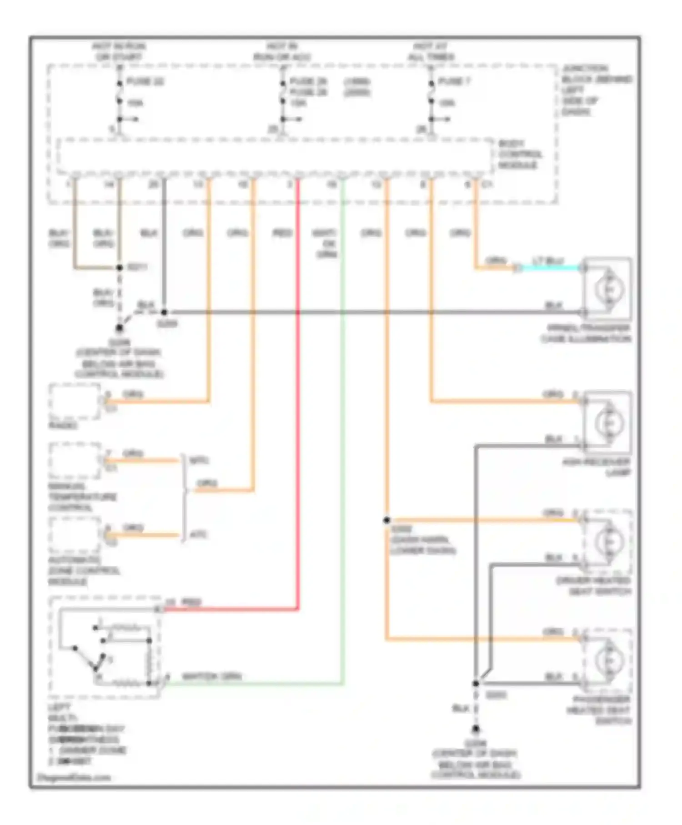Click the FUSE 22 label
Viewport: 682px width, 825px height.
pos(145,82)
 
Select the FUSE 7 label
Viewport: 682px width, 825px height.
pos(454,82)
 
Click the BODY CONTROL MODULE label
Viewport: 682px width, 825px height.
pos(520,155)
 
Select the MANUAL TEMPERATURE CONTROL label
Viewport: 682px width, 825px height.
pos(82,497)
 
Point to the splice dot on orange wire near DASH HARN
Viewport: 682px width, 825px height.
pos(386,520)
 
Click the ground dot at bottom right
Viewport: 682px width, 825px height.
pos(475,729)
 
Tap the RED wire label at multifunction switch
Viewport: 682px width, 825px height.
pos(191,603)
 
